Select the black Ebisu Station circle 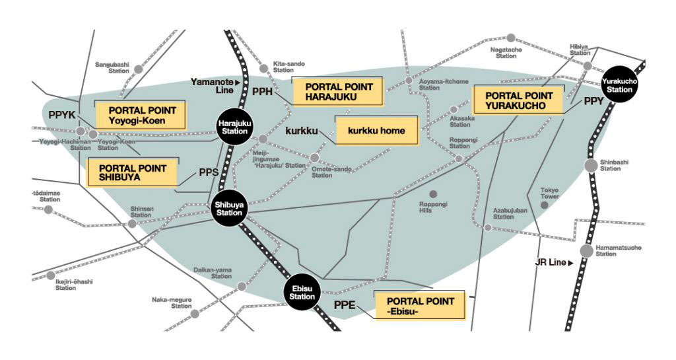[302, 292]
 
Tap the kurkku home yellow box [378, 131]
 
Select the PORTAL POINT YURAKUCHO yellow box [518, 100]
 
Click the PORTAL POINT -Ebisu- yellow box [420, 306]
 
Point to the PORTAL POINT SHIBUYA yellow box [132, 172]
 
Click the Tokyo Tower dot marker [544, 205]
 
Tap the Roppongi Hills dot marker [433, 194]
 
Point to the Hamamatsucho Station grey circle [586, 250]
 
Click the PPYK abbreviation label [63, 114]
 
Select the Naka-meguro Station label [172, 303]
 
